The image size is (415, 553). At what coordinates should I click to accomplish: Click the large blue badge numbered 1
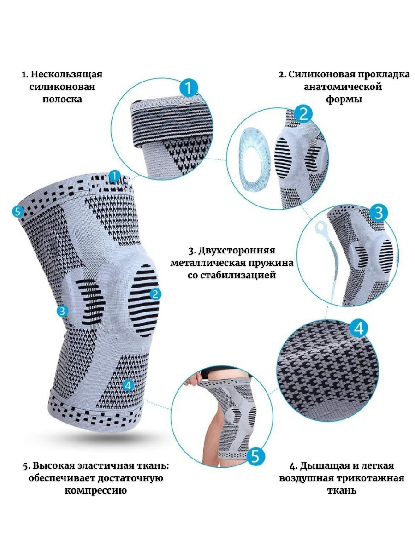[x=189, y=88]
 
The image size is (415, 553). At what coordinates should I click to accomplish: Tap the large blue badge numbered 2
[x=303, y=115]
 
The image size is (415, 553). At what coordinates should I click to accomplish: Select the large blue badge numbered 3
[x=379, y=213]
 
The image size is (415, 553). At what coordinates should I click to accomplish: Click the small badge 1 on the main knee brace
[x=115, y=176]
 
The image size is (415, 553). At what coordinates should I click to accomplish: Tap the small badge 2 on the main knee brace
[x=155, y=294]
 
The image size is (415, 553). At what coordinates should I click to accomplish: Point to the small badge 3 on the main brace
[x=62, y=311]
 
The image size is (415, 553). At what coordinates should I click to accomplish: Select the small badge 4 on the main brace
[x=128, y=392]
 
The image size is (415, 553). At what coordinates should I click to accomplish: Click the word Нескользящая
[x=67, y=75]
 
